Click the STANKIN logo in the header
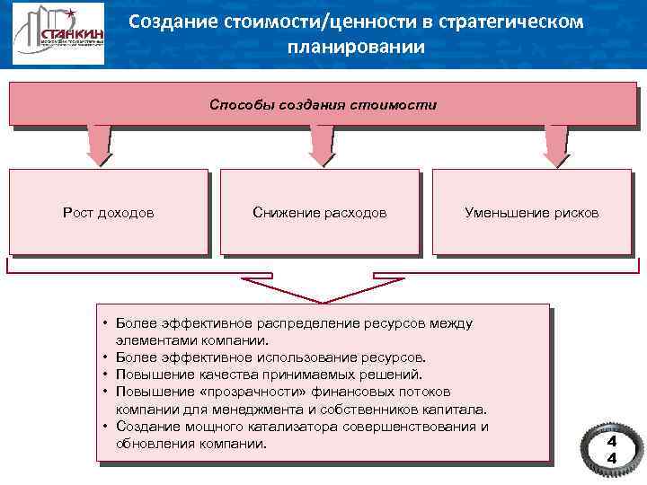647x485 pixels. (x=58, y=35)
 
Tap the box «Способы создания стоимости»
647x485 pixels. (x=323, y=104)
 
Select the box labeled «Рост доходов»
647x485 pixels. (x=108, y=213)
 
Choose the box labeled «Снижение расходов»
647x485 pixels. (x=320, y=213)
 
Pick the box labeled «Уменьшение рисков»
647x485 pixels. (x=531, y=213)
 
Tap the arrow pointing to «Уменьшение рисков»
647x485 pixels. (x=554, y=145)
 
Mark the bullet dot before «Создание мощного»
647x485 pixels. (x=105, y=426)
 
